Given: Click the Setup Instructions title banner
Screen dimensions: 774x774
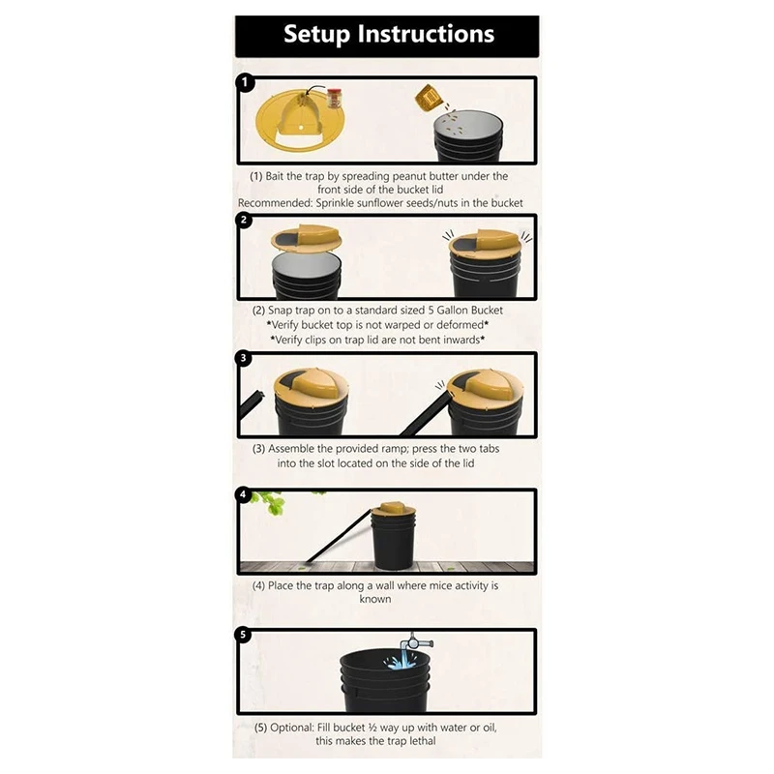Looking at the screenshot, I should [x=387, y=36].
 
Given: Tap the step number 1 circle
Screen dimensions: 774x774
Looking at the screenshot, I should [x=246, y=83].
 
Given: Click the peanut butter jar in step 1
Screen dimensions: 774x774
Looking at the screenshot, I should [x=335, y=99].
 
